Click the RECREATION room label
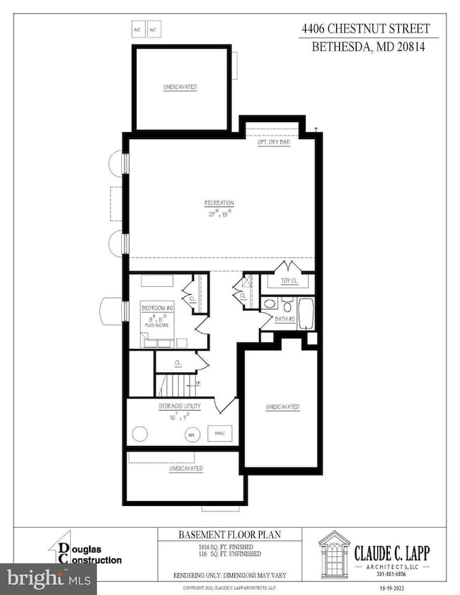(x=219, y=203)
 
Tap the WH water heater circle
(x=190, y=435)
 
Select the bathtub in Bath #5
(x=305, y=314)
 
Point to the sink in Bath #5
(x=270, y=305)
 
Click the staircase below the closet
(x=171, y=386)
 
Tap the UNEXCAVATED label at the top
(x=180, y=87)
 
